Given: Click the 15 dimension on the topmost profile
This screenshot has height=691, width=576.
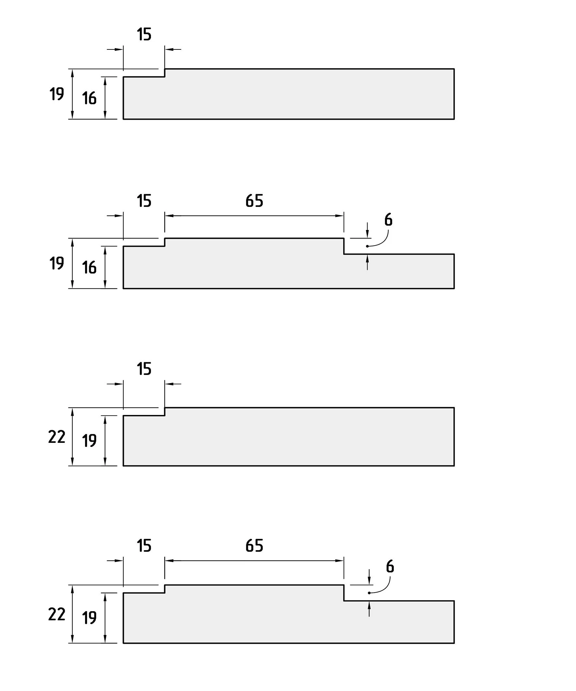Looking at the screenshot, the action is (144, 35).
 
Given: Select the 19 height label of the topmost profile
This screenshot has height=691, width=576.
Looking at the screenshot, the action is (57, 94).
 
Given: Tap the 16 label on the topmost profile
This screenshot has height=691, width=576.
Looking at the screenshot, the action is (89, 98).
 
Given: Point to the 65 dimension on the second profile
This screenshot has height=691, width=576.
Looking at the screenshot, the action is (254, 201).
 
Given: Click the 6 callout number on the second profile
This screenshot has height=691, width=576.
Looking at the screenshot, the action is (388, 220).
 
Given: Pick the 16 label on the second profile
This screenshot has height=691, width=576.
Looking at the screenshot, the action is (89, 267).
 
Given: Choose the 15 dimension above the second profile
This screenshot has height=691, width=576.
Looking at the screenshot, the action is (144, 201).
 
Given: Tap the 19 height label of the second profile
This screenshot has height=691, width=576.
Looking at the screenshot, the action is (57, 263).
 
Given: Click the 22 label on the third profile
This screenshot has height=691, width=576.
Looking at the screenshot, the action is (57, 437).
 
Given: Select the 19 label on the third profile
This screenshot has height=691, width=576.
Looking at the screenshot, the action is (89, 441).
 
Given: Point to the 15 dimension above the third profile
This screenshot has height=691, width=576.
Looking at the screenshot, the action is (144, 369).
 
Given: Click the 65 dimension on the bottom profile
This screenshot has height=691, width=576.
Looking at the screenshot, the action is (254, 546).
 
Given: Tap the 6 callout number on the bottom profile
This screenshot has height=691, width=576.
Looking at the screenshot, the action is (390, 567).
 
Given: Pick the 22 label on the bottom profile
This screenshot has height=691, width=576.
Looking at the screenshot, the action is (57, 614).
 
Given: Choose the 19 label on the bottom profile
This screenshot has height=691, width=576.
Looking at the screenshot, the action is (89, 618).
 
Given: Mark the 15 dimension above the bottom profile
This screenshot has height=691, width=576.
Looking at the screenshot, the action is (144, 546).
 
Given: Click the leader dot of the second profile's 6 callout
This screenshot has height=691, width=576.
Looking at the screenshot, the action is (367, 246).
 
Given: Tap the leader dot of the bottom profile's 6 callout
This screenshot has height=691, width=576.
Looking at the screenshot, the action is (369, 593).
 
